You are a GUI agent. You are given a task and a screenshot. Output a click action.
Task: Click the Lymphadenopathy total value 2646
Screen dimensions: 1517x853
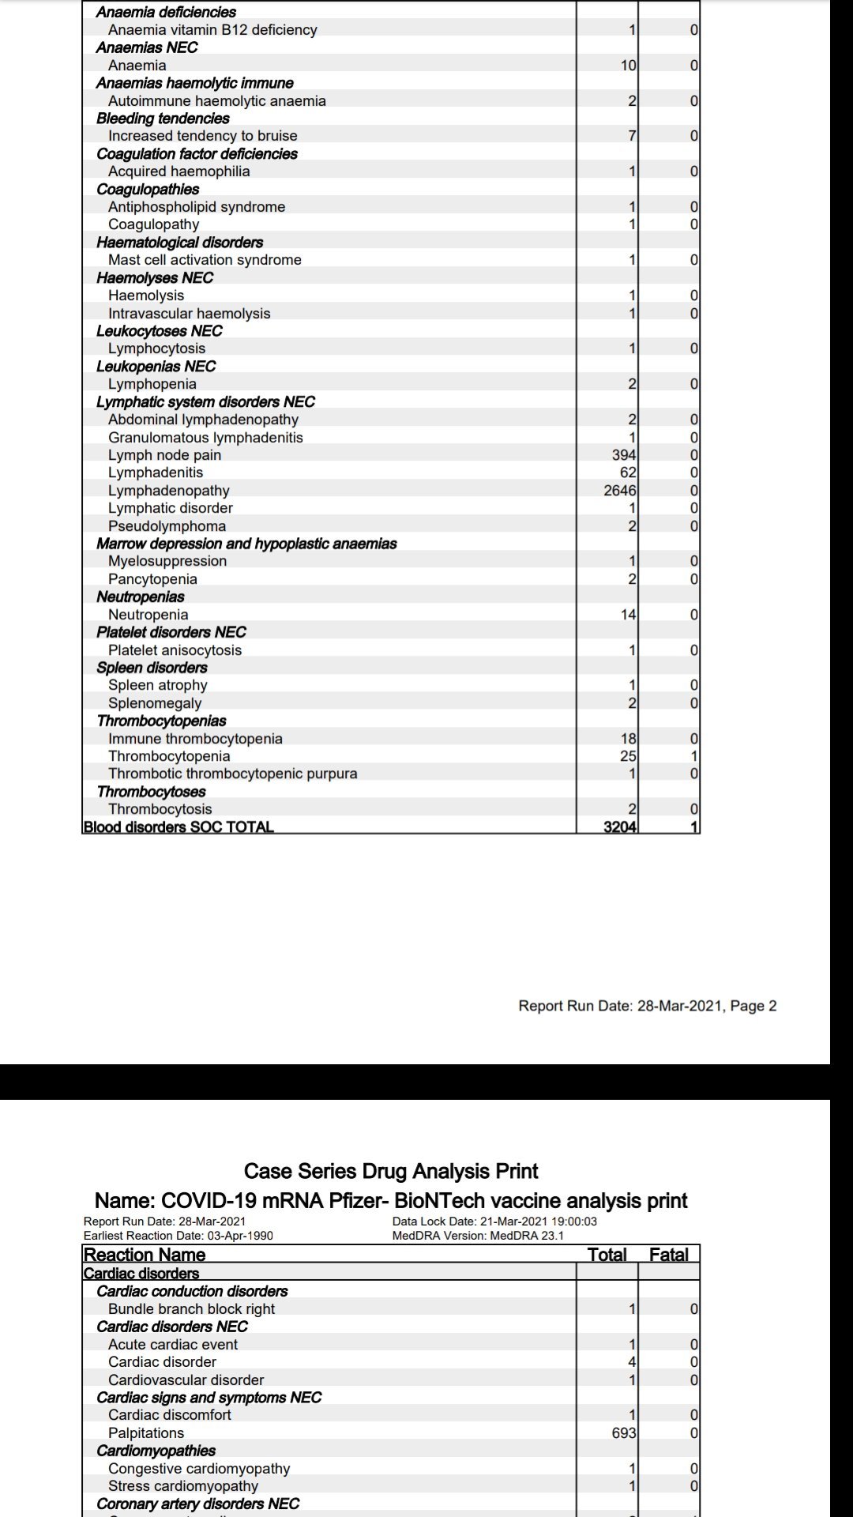[x=619, y=491]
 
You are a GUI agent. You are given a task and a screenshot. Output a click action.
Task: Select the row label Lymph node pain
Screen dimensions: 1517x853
[x=164, y=455]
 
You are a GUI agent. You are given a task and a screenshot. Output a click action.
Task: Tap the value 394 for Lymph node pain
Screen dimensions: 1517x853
[x=624, y=455]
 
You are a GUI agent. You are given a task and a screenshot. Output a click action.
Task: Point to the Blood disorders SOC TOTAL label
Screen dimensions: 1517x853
[x=178, y=827]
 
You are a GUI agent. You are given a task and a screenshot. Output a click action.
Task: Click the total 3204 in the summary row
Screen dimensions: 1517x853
[x=619, y=827]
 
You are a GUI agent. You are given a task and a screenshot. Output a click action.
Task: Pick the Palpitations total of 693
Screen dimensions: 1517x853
[x=624, y=1433]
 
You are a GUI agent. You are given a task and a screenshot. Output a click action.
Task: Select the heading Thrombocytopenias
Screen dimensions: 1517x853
[x=161, y=721]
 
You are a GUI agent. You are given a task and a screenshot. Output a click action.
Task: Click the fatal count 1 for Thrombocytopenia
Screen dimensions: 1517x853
[x=694, y=756]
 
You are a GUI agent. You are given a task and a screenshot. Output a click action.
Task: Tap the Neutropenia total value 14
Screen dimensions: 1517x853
[x=628, y=615]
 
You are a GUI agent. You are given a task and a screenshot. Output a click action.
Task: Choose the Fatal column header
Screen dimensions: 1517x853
[x=668, y=1255]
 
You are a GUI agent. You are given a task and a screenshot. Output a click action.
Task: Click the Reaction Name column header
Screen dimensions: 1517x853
[x=145, y=1255]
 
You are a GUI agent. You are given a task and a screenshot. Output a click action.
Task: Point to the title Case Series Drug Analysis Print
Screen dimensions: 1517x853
[x=391, y=1171]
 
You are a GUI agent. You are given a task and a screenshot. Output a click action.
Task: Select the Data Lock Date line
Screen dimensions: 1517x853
[x=494, y=1222]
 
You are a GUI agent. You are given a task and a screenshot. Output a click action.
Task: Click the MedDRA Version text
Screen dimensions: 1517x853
[x=478, y=1236]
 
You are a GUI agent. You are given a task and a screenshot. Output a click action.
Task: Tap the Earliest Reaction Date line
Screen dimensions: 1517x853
[x=178, y=1236]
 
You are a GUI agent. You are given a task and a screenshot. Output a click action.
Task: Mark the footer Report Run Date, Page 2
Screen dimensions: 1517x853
[x=647, y=1006]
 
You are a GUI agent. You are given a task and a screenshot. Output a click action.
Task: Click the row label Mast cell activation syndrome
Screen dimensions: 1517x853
[x=205, y=260]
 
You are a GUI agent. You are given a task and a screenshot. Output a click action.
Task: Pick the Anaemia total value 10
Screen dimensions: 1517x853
[x=628, y=66]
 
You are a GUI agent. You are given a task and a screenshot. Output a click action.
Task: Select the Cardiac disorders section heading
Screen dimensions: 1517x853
[x=141, y=1274]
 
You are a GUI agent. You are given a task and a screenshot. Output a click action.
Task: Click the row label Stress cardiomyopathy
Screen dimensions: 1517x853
[x=183, y=1486]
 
